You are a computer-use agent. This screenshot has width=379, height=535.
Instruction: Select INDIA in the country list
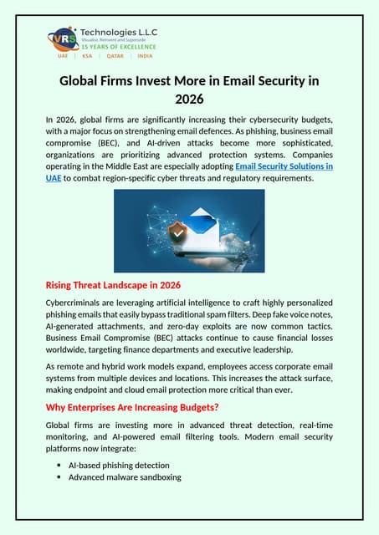[x=145, y=56]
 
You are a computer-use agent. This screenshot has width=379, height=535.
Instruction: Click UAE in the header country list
[x=63, y=56]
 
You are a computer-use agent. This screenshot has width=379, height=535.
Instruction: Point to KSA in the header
[x=87, y=56]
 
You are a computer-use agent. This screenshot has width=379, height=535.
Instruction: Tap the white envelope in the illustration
[x=201, y=225]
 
